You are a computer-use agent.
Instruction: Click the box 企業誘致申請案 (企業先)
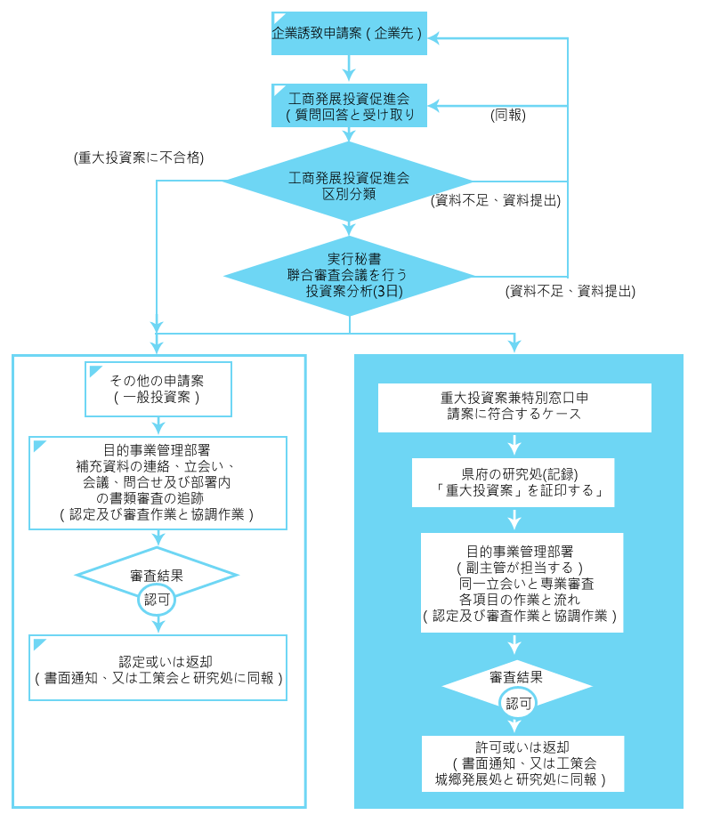coord(349,34)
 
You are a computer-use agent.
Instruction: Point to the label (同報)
coord(507,115)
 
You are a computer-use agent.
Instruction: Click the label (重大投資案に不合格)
coord(140,157)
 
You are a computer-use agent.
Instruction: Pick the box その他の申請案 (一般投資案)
coord(158,389)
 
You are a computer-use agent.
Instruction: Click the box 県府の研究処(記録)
coord(514,481)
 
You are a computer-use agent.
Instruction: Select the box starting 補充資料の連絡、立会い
coord(158,482)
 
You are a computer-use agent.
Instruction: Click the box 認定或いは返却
coord(158,667)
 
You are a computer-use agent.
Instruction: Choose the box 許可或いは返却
coord(522,763)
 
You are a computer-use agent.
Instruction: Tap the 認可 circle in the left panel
coord(157,599)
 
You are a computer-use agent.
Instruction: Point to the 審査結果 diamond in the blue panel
coord(517,678)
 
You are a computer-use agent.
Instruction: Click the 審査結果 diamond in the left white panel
coord(157,575)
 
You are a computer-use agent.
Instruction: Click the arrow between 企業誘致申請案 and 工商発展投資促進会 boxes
coord(349,68)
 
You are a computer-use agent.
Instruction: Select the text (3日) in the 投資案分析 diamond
coord(381,290)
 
